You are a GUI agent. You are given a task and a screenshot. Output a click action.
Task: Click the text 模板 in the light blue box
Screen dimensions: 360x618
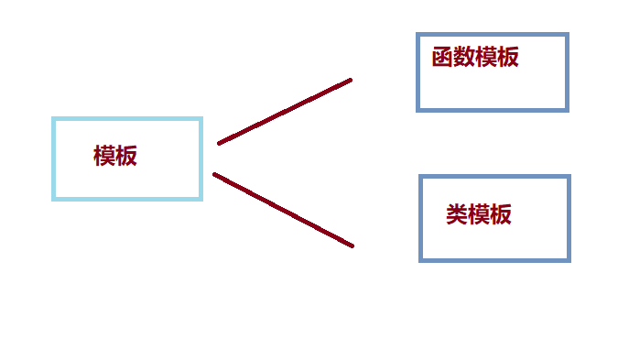[115, 156]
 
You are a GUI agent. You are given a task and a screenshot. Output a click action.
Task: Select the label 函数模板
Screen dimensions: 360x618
[475, 57]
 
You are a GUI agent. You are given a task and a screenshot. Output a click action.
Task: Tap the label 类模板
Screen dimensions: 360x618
[479, 215]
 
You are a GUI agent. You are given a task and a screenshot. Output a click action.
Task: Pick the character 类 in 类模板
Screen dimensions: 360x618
[457, 215]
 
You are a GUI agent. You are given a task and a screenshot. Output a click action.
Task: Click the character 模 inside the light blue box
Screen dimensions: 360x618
[104, 156]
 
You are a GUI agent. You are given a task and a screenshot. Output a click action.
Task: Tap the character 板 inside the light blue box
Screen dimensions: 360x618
[126, 156]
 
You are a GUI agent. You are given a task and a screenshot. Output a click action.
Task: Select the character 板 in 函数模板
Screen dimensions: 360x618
[508, 57]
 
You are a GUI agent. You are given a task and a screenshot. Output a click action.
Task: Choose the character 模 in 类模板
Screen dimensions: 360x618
[479, 215]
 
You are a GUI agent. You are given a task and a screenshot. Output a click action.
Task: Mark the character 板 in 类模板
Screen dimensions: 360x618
[501, 215]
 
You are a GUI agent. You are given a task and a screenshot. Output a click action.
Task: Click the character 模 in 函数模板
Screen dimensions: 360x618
[486, 57]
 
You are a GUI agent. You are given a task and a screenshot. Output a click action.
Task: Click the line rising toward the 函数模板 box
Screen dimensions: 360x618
[285, 112]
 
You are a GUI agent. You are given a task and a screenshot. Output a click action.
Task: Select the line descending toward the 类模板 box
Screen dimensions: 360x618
[283, 210]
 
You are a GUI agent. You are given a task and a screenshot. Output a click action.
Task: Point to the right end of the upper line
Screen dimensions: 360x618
[351, 81]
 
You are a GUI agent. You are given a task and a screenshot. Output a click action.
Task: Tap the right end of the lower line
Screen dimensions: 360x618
[352, 245]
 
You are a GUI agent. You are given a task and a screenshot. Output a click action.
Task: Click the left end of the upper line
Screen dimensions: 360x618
[219, 143]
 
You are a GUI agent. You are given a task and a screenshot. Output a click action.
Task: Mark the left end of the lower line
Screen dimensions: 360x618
[214, 174]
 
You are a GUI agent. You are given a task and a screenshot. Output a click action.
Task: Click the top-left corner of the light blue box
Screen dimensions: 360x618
[54, 119]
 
